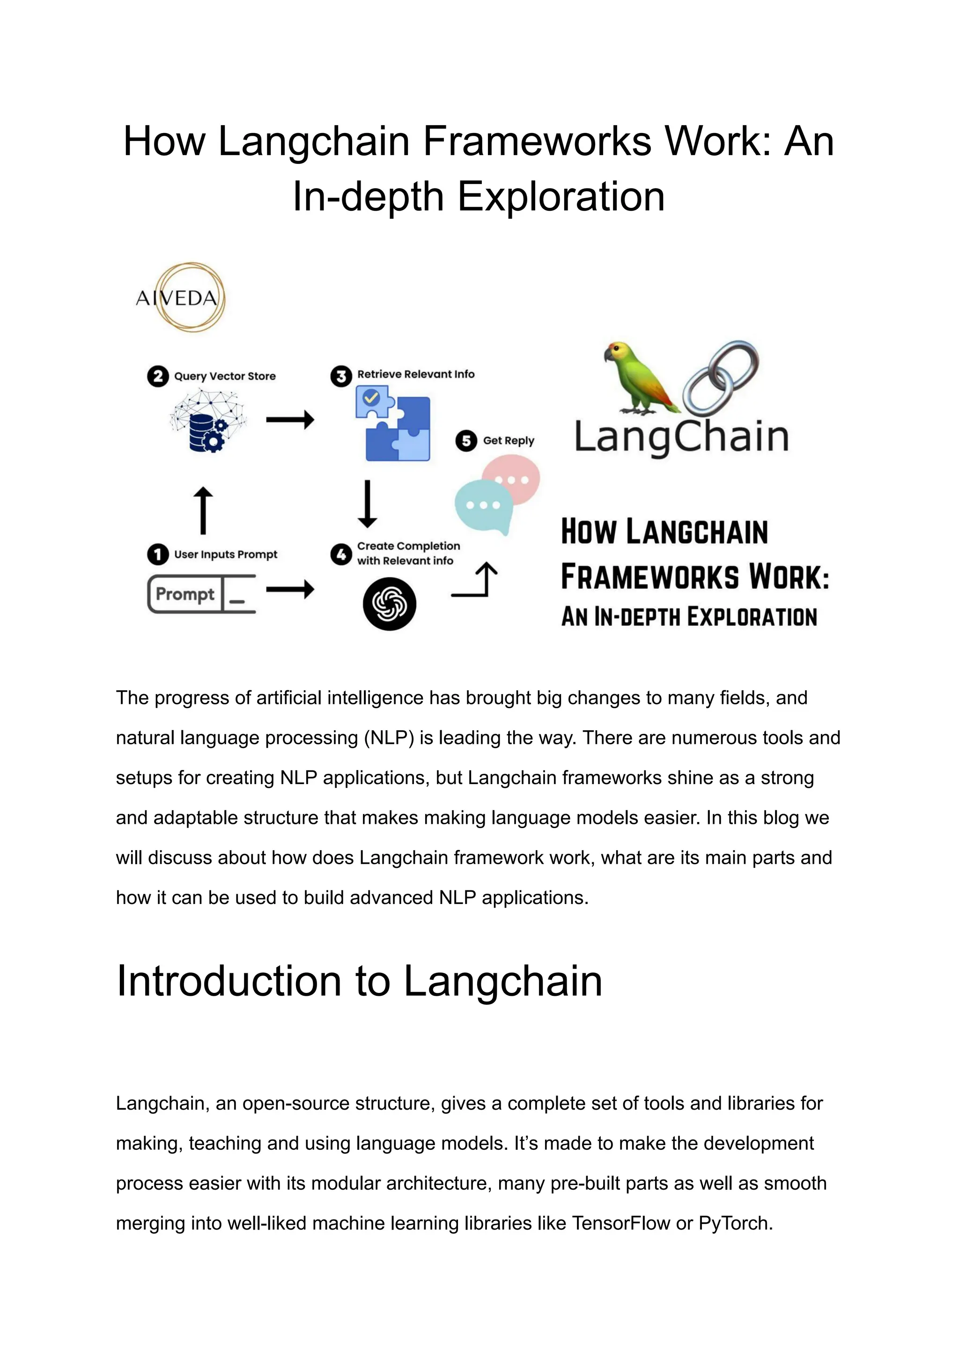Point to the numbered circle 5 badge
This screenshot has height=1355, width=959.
pyautogui.click(x=466, y=441)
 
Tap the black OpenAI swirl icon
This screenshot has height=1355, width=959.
pyautogui.click(x=389, y=604)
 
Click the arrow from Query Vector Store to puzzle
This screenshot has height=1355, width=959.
pyautogui.click(x=290, y=420)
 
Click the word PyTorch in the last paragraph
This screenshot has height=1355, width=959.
pyautogui.click(x=735, y=1223)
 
